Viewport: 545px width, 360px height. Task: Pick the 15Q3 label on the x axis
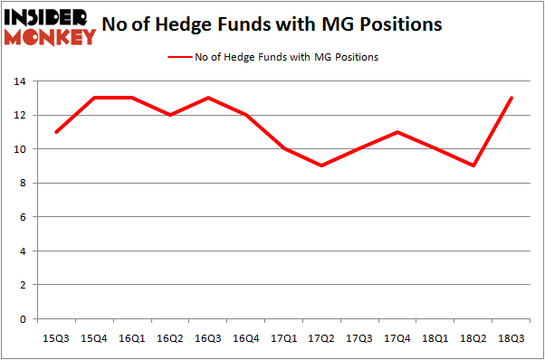pos(56,338)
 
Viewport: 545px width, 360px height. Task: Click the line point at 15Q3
pos(56,132)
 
